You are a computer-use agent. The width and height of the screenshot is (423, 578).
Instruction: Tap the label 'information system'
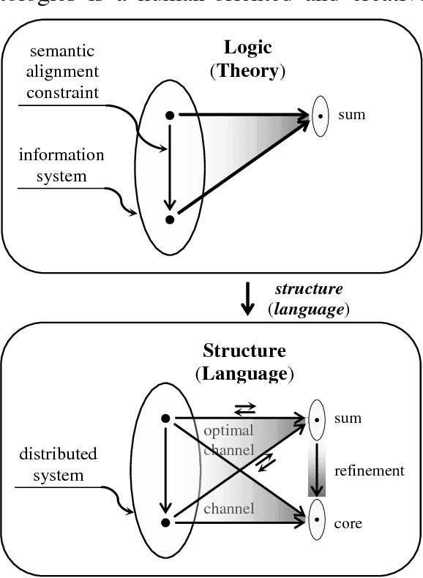[x=61, y=165]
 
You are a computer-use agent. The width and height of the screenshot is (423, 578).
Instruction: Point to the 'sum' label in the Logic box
[x=351, y=115]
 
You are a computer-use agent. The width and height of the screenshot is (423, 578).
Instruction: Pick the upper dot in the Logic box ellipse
[x=170, y=115]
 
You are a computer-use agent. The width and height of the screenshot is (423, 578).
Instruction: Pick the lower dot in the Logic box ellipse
[x=170, y=218]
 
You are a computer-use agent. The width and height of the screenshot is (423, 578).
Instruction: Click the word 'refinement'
[x=369, y=470]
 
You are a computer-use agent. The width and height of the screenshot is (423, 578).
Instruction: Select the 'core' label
[x=348, y=523]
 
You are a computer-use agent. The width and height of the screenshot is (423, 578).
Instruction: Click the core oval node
[x=316, y=522]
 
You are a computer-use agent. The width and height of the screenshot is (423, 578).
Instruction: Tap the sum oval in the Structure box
[x=316, y=420]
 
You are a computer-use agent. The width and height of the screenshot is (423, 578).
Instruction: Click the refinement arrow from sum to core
[x=315, y=470]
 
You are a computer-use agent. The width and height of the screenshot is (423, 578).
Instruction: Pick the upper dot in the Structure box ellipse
[x=166, y=419]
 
